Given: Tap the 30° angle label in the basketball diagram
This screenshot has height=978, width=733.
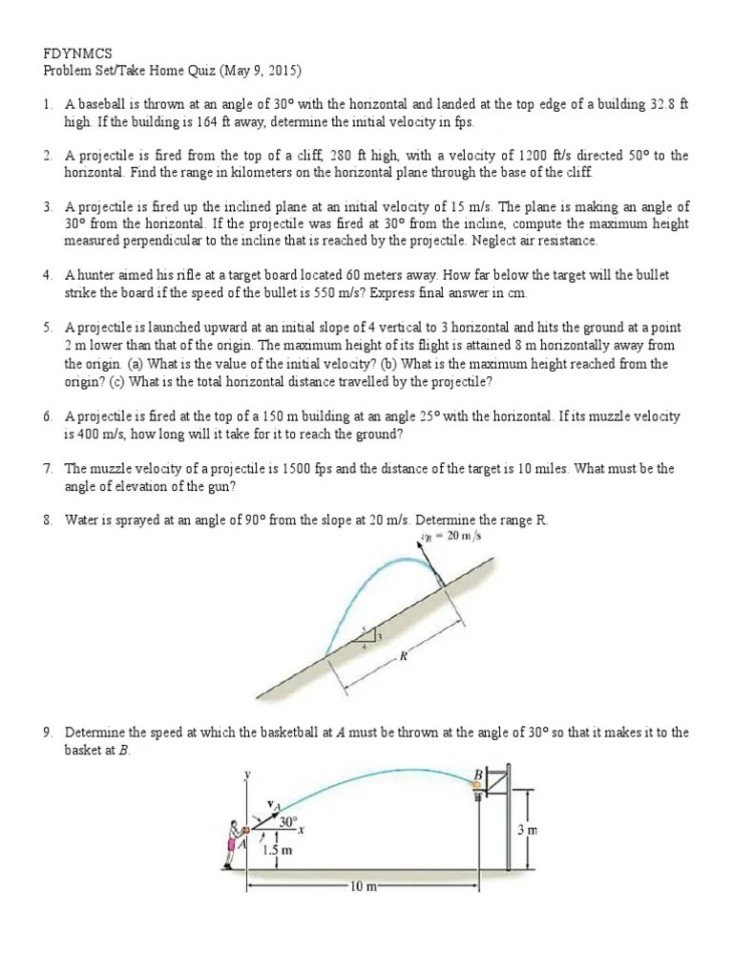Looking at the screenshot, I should pos(288,820).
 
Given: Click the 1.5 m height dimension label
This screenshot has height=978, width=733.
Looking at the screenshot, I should pos(277,849).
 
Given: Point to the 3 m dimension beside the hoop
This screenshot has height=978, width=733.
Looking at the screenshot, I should pos(527,830).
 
